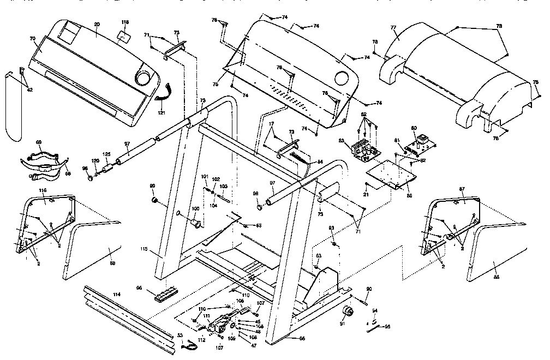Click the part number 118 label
click(125, 22)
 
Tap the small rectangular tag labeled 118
click(124, 35)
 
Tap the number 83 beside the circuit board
click(342, 141)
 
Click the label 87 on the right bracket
click(462, 188)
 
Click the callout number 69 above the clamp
click(38, 142)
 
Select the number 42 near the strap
click(29, 90)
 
